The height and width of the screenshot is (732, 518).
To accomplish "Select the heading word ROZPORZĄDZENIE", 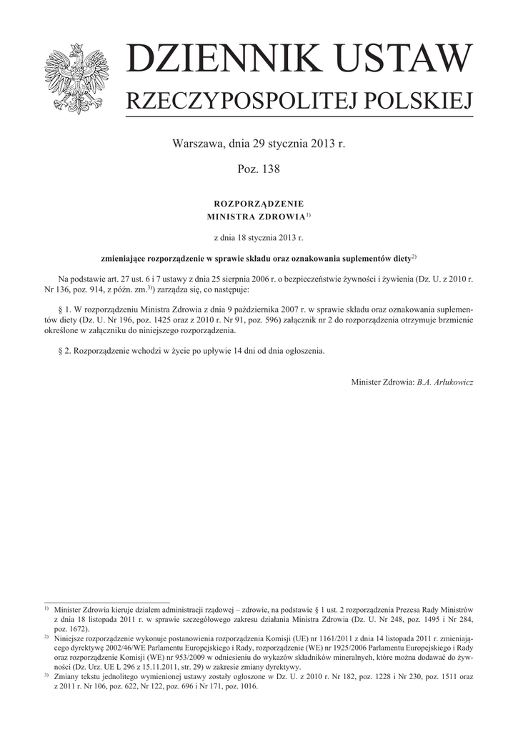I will pyautogui.click(x=259, y=203).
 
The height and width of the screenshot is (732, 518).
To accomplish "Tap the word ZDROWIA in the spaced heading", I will pyautogui.click(x=281, y=215).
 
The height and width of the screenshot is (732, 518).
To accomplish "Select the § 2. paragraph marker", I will pyautogui.click(x=65, y=352).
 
